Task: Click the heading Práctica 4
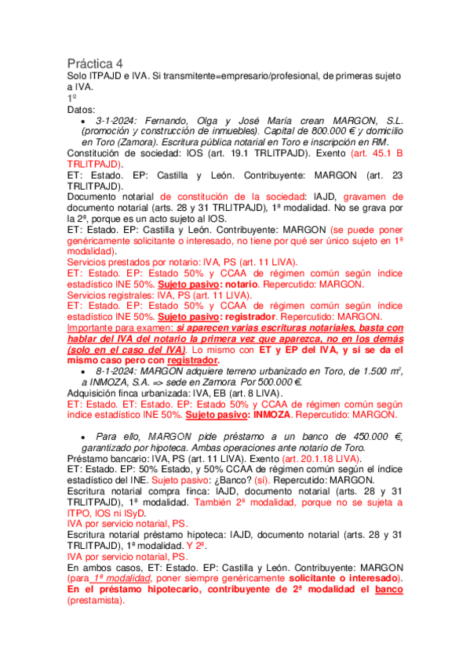click(x=95, y=62)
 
